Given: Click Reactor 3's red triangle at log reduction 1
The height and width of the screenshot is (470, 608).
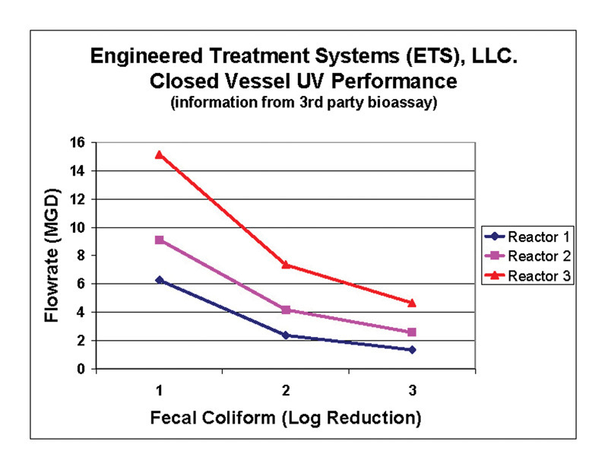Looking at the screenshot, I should [x=159, y=154].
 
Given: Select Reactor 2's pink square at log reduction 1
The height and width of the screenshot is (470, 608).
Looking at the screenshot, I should [x=159, y=240].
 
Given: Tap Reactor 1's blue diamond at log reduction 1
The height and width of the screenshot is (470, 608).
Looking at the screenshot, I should [x=159, y=280].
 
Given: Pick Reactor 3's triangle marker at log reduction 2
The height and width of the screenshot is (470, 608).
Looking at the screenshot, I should [x=285, y=264].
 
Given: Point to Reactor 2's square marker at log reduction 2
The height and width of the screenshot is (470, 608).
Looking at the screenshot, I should [x=285, y=310].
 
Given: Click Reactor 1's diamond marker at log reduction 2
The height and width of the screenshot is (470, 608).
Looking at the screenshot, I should [x=285, y=335].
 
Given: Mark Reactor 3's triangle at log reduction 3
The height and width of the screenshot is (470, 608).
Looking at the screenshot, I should [x=411, y=302].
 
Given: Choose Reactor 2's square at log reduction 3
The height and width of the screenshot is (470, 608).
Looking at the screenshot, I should [x=411, y=332].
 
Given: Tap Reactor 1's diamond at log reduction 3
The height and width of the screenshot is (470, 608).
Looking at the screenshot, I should [x=411, y=350].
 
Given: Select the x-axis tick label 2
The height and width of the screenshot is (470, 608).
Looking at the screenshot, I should [x=285, y=391].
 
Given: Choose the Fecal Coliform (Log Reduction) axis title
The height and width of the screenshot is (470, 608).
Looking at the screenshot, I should [x=285, y=418].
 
